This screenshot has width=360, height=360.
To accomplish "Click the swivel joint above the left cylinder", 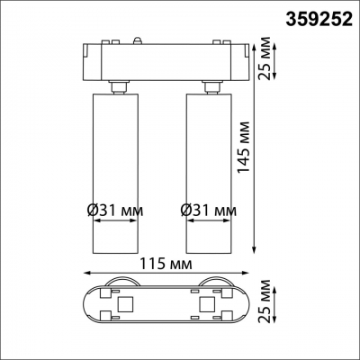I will coord(116,85).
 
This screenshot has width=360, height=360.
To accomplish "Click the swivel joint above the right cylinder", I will coord(211,85).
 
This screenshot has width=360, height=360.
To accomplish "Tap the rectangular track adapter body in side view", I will coord(166,60).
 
